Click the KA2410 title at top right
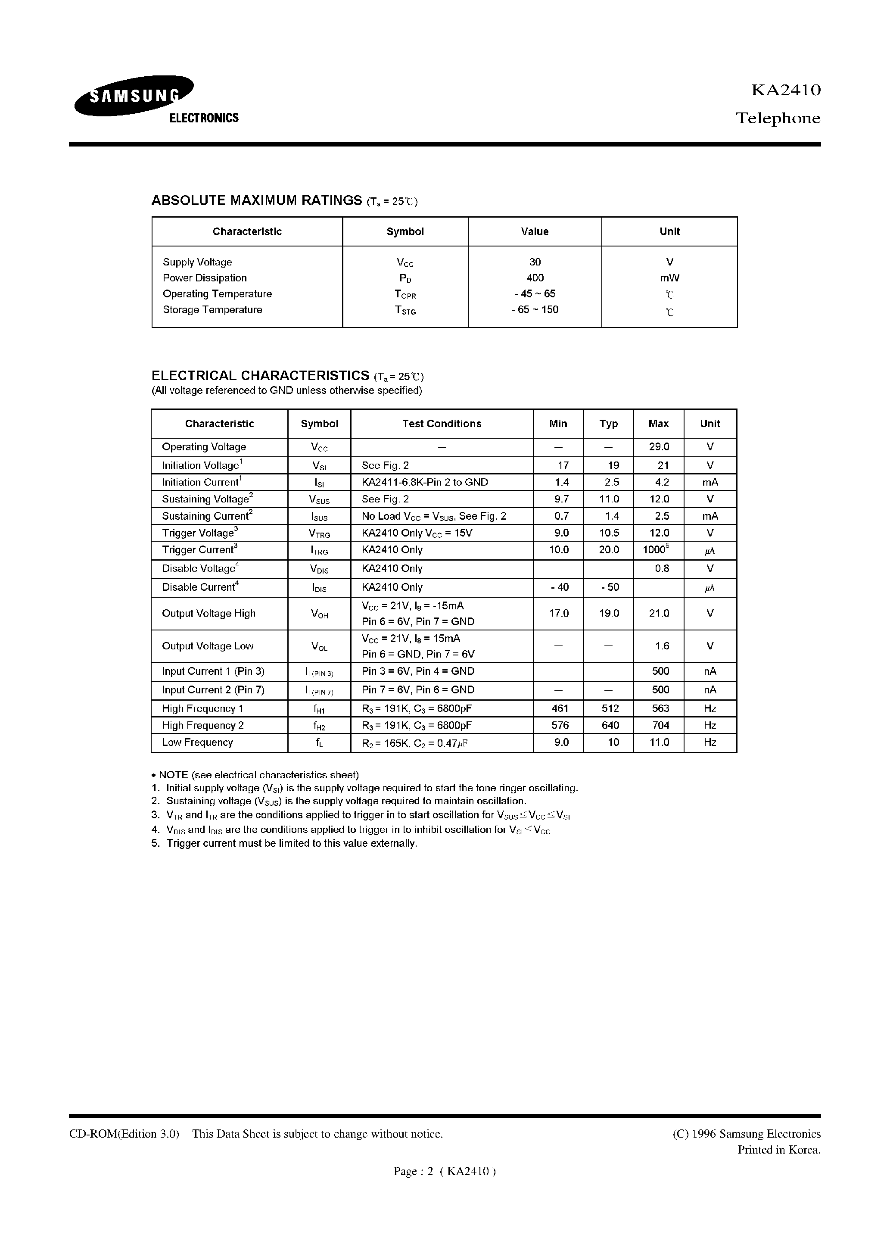785,90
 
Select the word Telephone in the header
778,119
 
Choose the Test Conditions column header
441,424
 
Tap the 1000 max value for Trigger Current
655,550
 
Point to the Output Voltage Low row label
207,646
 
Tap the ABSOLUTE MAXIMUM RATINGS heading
256,201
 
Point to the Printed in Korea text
778,1150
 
